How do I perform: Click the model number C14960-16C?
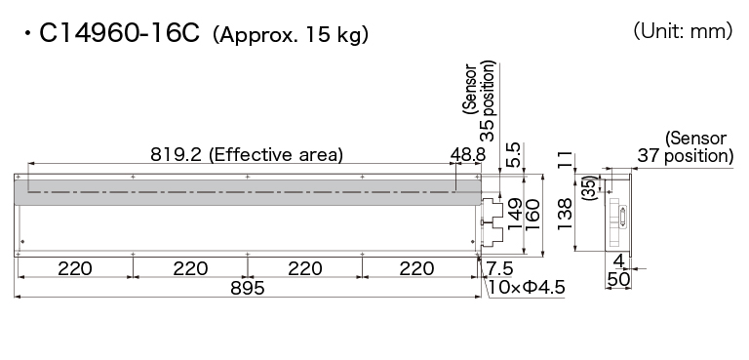coord(119,33)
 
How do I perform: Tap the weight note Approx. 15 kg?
coord(291,35)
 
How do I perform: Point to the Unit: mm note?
coord(683,31)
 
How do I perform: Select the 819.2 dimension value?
coord(177,154)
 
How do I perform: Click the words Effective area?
coord(276,155)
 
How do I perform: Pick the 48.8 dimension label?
coord(468,154)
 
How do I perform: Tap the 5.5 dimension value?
coord(514,154)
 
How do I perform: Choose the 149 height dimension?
coord(515,215)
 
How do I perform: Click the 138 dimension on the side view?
coord(564,214)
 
